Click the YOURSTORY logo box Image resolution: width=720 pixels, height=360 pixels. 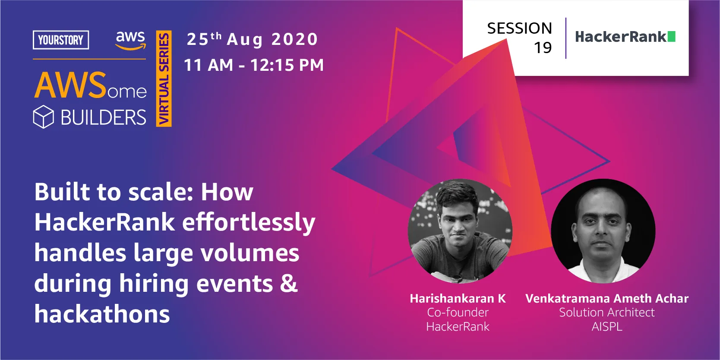61,40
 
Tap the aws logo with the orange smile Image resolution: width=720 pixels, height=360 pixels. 130,41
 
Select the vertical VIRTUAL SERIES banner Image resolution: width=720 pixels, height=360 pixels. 164,79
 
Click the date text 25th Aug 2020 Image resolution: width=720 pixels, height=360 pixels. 252,39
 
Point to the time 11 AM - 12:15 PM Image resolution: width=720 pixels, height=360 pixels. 254,65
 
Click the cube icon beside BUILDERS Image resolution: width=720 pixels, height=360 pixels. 44,117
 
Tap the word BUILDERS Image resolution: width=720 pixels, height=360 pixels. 103,117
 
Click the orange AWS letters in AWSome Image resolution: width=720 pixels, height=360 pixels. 70,85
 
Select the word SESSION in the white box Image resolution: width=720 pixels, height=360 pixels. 519,28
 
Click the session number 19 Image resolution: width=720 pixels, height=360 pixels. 543,47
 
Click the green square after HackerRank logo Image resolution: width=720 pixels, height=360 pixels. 671,37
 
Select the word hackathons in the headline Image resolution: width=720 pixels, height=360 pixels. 102,314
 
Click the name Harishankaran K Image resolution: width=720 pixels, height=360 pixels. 458,298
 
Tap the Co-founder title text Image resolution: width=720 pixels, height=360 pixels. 458,312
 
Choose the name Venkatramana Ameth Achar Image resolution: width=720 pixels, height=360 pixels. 606,298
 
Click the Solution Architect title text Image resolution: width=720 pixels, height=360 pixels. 606,312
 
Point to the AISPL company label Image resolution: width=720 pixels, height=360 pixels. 606,326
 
